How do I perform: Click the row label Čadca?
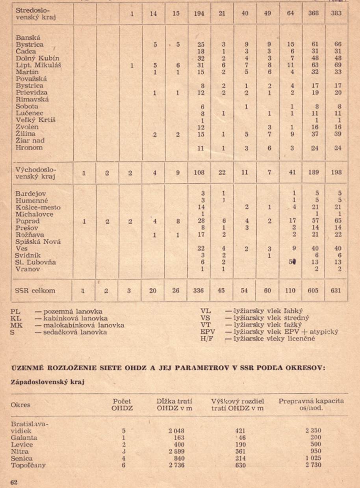[x=26, y=52]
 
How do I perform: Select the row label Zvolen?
[x=27, y=127]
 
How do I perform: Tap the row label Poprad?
[x=28, y=221]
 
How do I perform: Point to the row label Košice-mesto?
[x=38, y=207]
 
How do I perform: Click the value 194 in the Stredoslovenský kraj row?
[x=199, y=13]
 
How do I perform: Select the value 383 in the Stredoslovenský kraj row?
[x=336, y=13]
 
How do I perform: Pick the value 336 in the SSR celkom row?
[x=199, y=291]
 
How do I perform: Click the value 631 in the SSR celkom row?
[x=336, y=291]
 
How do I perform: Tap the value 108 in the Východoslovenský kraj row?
[x=199, y=172]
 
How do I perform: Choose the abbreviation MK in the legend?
[x=15, y=325]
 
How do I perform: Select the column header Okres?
[x=20, y=405]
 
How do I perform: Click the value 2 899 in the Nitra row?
[x=176, y=451]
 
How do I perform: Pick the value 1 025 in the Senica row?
[x=313, y=458]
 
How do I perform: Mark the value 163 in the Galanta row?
[x=178, y=437]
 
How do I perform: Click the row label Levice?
[x=22, y=444]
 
